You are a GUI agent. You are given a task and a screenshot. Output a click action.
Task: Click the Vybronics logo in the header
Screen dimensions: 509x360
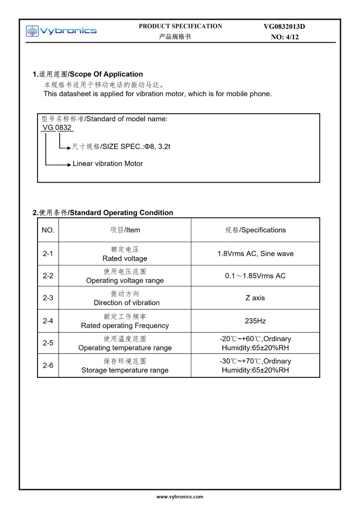[x=61, y=31]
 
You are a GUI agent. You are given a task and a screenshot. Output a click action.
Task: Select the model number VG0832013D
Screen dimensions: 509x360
[x=284, y=27]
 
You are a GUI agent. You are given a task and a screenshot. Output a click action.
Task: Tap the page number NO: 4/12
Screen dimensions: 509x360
[x=285, y=37]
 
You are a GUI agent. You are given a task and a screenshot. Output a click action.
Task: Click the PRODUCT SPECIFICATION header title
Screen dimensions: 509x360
[x=180, y=26]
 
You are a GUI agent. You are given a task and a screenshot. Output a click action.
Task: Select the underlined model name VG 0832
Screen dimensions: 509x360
[x=57, y=127]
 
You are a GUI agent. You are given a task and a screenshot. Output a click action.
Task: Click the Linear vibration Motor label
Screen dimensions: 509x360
[x=108, y=164]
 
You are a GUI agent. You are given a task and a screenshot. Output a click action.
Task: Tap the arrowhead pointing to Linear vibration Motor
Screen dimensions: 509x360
[x=69, y=164]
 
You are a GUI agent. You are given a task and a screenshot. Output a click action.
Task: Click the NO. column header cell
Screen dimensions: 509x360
[x=48, y=230]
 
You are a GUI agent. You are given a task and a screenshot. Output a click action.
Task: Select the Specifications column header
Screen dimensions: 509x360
[x=255, y=230]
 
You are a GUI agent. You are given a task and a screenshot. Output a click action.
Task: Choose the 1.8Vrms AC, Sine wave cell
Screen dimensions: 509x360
[x=255, y=254]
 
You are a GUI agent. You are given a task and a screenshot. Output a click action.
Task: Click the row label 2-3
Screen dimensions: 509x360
[x=48, y=298]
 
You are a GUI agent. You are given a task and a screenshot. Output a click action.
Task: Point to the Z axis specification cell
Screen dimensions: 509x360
[x=255, y=298]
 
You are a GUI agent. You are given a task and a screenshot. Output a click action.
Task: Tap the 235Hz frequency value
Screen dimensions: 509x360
[x=255, y=321]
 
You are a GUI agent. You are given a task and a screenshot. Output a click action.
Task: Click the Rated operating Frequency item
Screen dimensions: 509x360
[x=125, y=326]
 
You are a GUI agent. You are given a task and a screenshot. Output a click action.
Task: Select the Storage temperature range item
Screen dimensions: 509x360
[x=125, y=370]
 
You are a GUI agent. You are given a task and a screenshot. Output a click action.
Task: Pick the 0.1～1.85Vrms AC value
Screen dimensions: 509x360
[x=255, y=276]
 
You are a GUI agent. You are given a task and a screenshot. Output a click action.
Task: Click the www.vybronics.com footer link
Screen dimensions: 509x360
[x=180, y=497]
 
